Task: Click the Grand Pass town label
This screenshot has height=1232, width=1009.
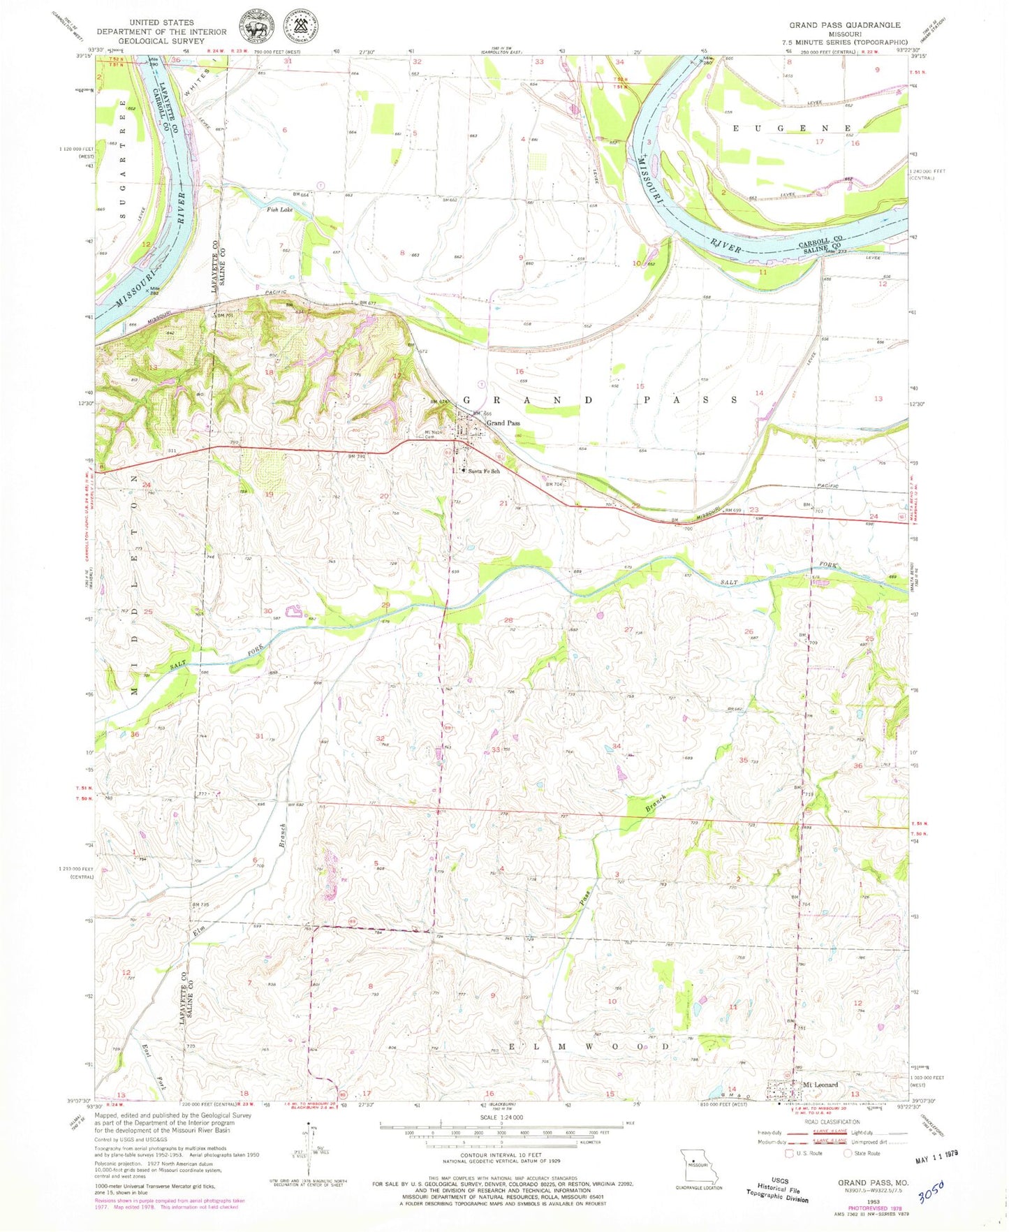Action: click(x=503, y=423)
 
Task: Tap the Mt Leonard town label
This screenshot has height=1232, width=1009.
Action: click(x=820, y=1085)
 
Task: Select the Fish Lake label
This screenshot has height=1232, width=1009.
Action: click(x=280, y=209)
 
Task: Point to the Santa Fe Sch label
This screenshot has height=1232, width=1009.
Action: click(x=483, y=471)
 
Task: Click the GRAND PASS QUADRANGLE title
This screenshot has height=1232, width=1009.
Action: click(x=845, y=25)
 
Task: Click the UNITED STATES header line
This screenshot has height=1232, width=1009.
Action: click(x=161, y=22)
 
